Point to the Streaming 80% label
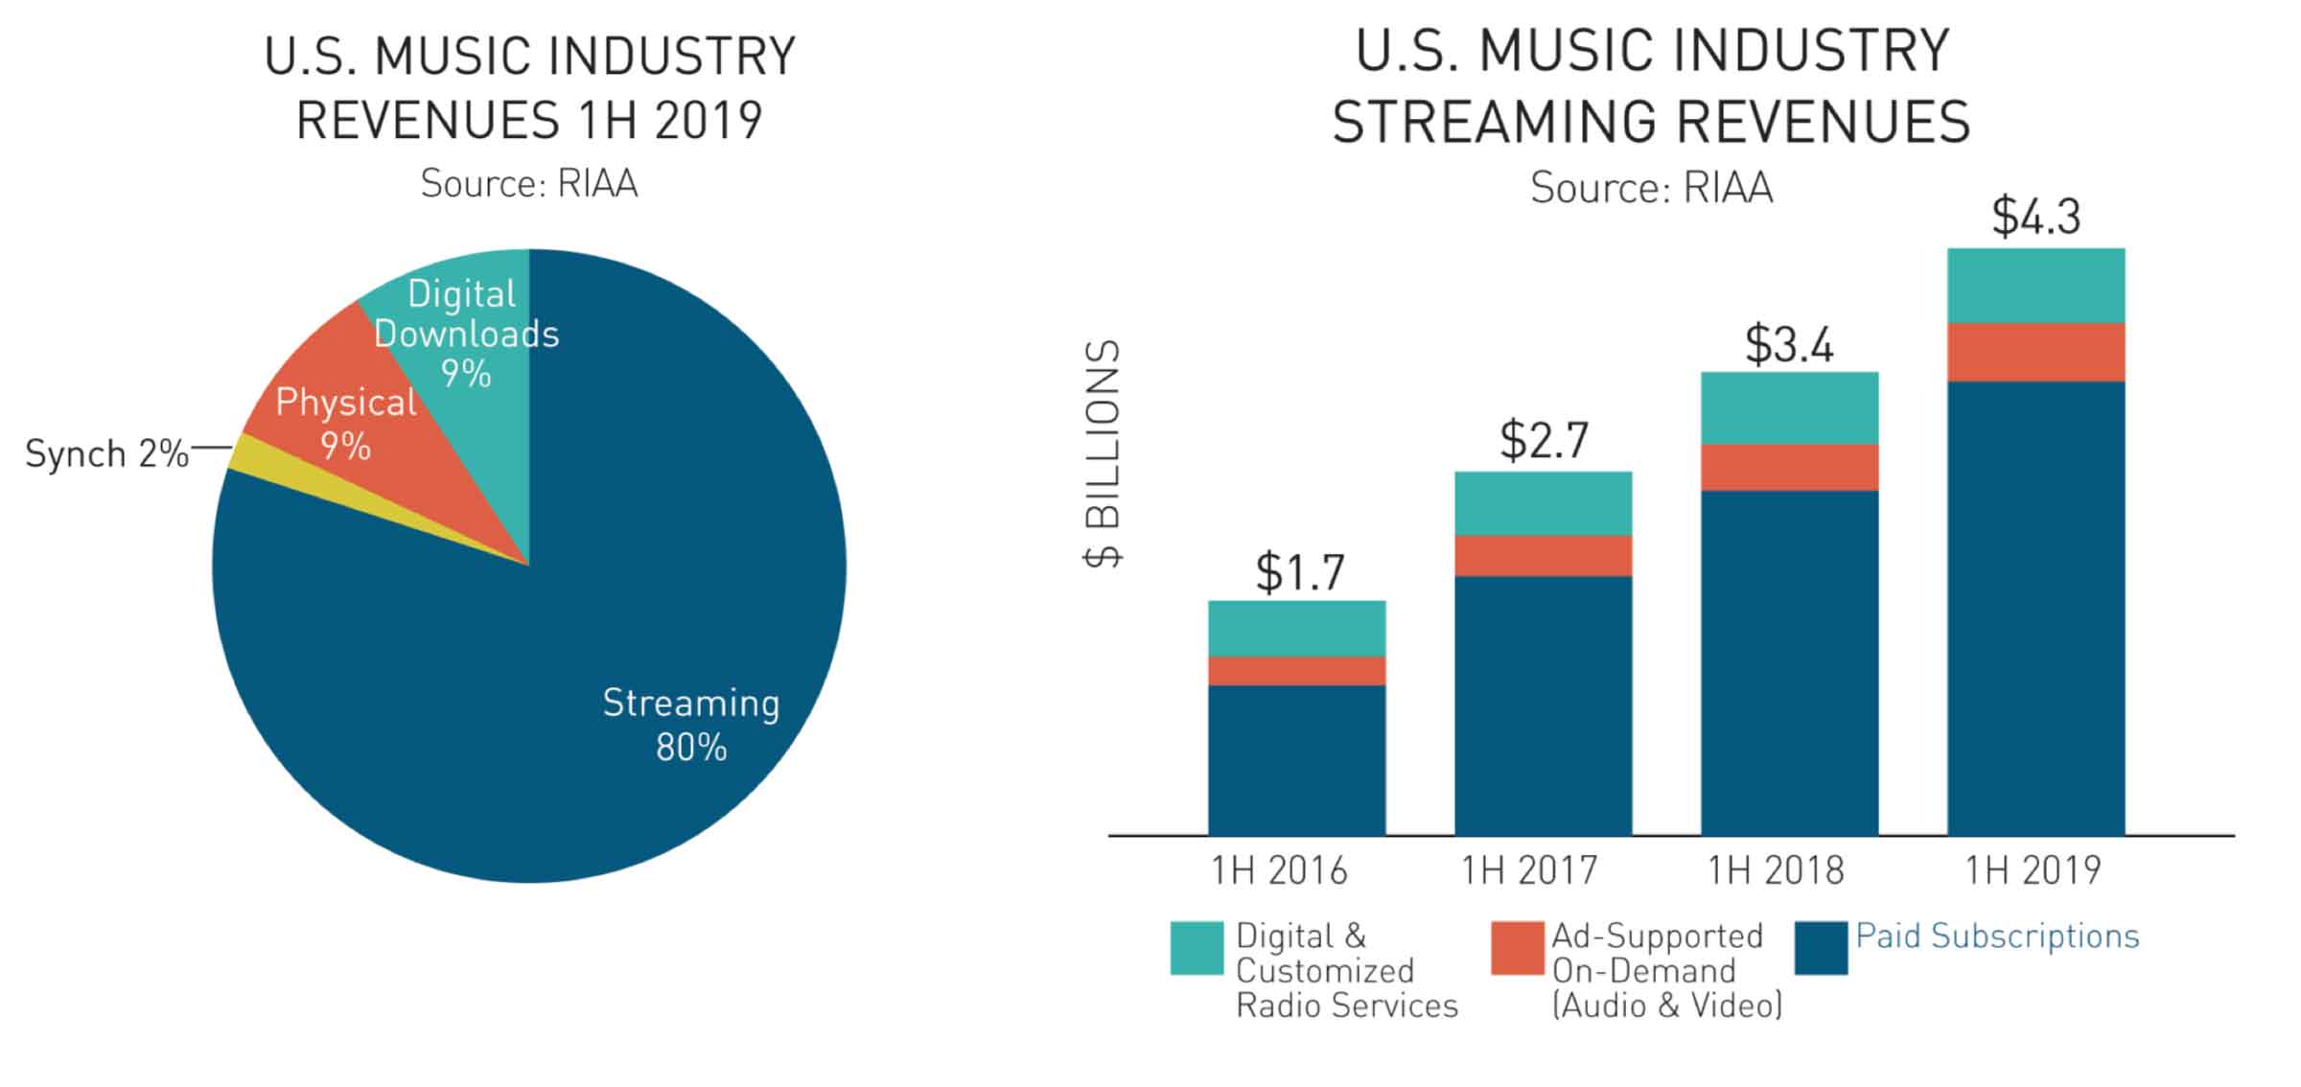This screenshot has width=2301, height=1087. (690, 725)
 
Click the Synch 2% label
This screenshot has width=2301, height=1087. (106, 453)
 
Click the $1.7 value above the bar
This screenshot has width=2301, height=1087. (1299, 572)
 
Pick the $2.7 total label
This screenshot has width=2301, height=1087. (1544, 441)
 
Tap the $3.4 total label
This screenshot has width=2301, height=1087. (1789, 344)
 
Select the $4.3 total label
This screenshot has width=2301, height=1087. (2035, 217)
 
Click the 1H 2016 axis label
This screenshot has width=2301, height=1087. (1279, 870)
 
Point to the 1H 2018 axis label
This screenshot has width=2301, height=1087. (1776, 870)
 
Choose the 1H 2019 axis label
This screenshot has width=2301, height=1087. (2033, 870)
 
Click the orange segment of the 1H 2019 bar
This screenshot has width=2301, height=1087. (2035, 352)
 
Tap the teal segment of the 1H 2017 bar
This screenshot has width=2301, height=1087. (1543, 503)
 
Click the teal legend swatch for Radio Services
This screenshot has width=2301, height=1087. (1197, 948)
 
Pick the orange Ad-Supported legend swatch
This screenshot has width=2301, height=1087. (1517, 948)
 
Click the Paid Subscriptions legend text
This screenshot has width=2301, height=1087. (1997, 937)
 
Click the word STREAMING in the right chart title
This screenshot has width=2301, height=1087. (1496, 122)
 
